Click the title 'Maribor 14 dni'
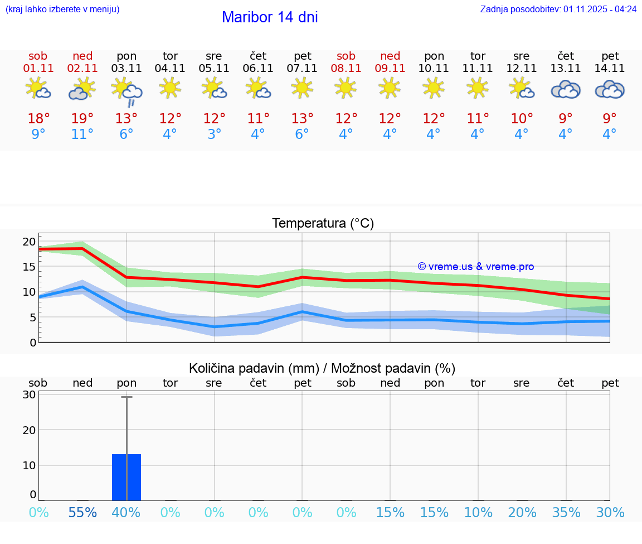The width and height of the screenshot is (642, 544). pyautogui.click(x=270, y=17)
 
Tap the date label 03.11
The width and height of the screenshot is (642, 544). pyautogui.click(x=127, y=69)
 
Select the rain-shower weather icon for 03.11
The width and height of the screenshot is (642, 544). pyautogui.click(x=127, y=91)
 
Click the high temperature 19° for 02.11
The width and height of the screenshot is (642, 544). pyautogui.click(x=82, y=118)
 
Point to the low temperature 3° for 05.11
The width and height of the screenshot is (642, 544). pyautogui.click(x=214, y=134)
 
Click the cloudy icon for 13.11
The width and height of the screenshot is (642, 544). pyautogui.click(x=566, y=90)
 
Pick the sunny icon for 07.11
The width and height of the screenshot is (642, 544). pyautogui.click(x=302, y=88)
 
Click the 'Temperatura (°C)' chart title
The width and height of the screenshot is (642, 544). pyautogui.click(x=323, y=224)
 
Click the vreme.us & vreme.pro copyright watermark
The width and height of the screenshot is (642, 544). pyautogui.click(x=475, y=267)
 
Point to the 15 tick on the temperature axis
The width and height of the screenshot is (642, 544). pyautogui.click(x=29, y=267)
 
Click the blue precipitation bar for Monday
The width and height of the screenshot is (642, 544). pyautogui.click(x=127, y=477)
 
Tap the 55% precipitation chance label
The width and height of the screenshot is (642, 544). pyautogui.click(x=82, y=512)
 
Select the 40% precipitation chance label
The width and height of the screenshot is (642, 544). pyautogui.click(x=127, y=512)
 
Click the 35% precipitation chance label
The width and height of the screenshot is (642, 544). pyautogui.click(x=566, y=512)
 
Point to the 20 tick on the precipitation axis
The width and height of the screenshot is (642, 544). pyautogui.click(x=29, y=430)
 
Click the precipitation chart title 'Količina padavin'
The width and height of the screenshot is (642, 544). pyautogui.click(x=322, y=368)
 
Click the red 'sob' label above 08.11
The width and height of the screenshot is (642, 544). pyautogui.click(x=346, y=56)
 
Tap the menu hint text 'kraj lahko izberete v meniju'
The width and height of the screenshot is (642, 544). pyautogui.click(x=62, y=9)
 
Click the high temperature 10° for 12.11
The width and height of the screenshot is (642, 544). pyautogui.click(x=522, y=118)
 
